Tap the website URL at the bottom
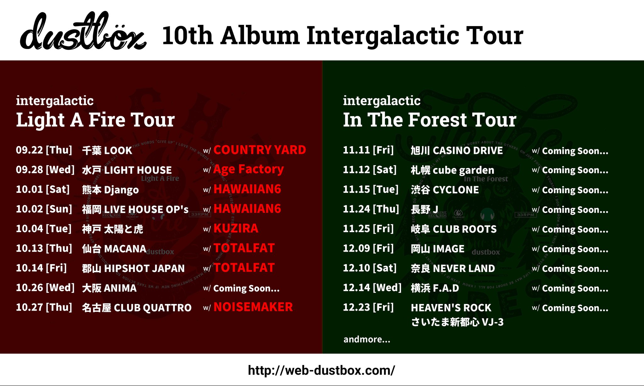click(x=321, y=371)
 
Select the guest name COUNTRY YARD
click(x=259, y=150)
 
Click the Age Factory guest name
click(x=248, y=170)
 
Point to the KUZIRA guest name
click(x=236, y=229)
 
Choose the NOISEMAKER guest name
click(x=253, y=307)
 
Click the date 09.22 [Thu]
click(x=44, y=150)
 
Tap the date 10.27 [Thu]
click(x=44, y=307)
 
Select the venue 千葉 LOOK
click(x=107, y=151)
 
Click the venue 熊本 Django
click(x=110, y=190)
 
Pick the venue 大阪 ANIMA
click(x=109, y=288)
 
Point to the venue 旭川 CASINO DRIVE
click(x=457, y=151)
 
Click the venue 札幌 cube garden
click(x=452, y=170)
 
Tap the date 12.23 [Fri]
click(x=368, y=307)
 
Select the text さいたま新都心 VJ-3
click(x=457, y=322)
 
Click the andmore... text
click(x=367, y=340)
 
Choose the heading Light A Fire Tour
click(x=95, y=120)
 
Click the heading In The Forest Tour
click(x=430, y=120)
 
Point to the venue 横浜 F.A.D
click(x=435, y=288)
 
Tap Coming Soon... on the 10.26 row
click(x=246, y=288)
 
